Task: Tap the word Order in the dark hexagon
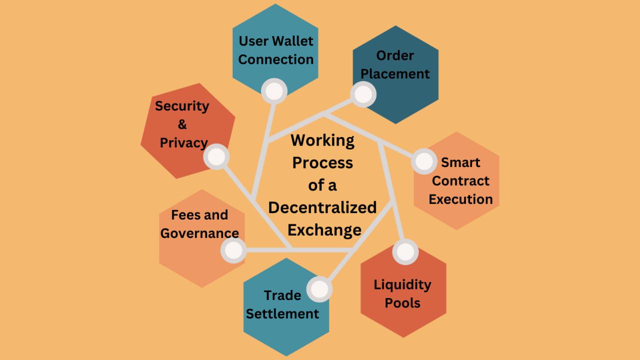point(395,55)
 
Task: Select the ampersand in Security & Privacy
point(182,124)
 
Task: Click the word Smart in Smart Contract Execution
point(460,162)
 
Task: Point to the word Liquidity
point(402,284)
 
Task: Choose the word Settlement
point(282,314)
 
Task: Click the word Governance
point(199,233)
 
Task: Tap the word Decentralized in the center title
point(322,207)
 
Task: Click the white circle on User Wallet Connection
point(274,91)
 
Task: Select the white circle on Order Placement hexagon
point(363,94)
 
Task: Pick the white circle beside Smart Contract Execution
point(424,161)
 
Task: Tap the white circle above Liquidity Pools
point(405,252)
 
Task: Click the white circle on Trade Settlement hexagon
point(319,289)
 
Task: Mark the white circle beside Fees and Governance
point(233,249)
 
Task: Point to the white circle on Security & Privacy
point(216,156)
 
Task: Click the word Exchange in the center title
point(324,229)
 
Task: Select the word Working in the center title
point(322,140)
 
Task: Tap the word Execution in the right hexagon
point(460,199)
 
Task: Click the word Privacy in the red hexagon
point(183,142)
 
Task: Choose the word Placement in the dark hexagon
point(395,73)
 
